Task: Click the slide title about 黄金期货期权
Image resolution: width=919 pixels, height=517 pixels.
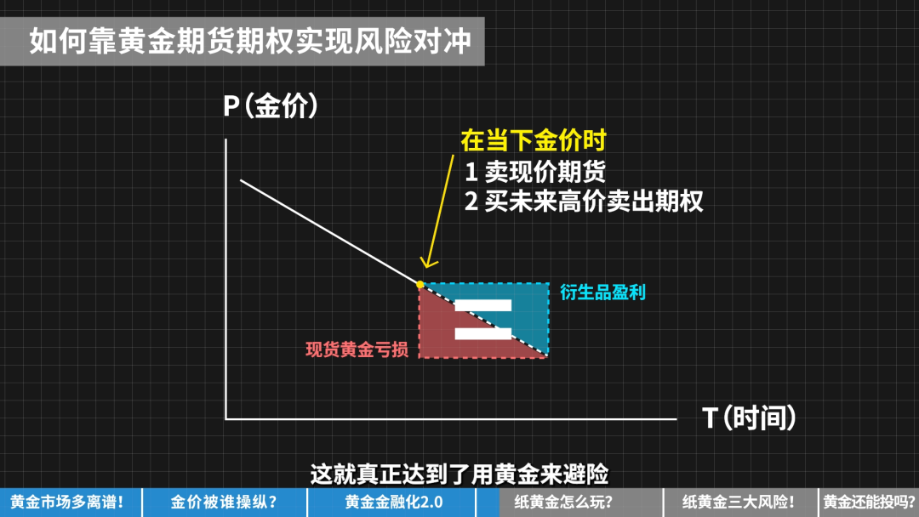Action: pos(250,41)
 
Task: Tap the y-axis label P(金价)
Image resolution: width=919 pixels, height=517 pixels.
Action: pos(271,106)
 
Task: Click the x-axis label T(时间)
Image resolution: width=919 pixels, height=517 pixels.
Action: pos(749,418)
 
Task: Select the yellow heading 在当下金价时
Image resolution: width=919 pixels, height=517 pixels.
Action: pos(534,140)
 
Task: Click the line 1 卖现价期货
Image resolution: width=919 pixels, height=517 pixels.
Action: pos(535,172)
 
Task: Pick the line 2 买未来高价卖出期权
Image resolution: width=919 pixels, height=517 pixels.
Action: pos(584,202)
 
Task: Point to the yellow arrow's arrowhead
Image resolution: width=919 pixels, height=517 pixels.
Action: pos(429,263)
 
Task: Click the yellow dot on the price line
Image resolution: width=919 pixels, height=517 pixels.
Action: pos(420,285)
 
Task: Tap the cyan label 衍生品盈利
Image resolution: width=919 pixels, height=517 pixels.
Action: pos(602,293)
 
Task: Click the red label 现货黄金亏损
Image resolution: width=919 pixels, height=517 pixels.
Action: pos(357,349)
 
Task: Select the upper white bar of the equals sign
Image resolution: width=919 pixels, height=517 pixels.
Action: pos(483,305)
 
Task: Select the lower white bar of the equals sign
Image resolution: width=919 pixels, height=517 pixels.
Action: pos(483,333)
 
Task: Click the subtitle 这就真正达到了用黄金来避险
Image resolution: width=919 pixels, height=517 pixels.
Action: pos(459,474)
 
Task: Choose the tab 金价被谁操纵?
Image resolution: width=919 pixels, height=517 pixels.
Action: pos(224,503)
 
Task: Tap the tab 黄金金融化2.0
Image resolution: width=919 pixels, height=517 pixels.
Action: pos(393,503)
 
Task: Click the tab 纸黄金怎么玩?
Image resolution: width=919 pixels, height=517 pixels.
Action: pos(564,503)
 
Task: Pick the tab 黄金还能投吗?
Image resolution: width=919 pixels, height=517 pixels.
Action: pos(869,503)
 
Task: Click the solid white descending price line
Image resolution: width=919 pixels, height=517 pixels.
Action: pos(330,232)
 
